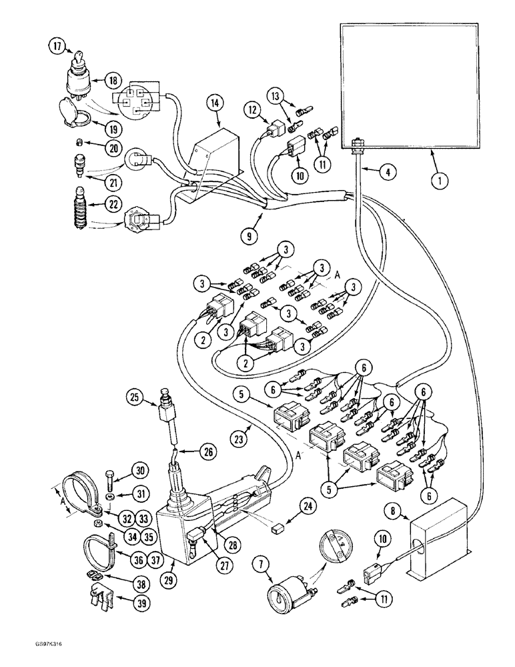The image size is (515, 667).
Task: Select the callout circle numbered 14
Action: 213,103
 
